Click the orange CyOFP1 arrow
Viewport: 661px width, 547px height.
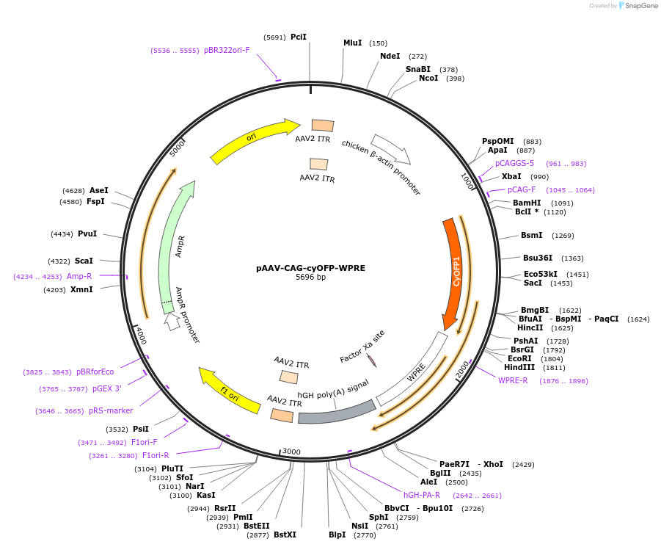pyautogui.click(x=454, y=272)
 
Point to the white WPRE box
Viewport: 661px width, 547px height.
pyautogui.click(x=415, y=368)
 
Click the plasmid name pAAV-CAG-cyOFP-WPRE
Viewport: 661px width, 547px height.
pyautogui.click(x=310, y=268)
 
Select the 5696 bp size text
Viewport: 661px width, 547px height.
pyautogui.click(x=310, y=278)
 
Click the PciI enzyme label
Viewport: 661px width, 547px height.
pyautogui.click(x=299, y=37)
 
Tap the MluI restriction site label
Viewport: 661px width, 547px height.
pyautogui.click(x=353, y=43)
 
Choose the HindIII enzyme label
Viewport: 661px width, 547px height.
pyautogui.click(x=519, y=367)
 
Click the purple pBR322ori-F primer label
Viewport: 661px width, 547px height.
pyautogui.click(x=227, y=50)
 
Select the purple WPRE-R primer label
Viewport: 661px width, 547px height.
pyautogui.click(x=513, y=380)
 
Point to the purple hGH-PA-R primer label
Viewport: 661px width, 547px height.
pyautogui.click(x=422, y=495)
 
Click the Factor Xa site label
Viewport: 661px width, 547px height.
pyautogui.click(x=362, y=346)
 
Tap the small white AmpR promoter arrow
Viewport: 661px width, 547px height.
pyautogui.click(x=172, y=321)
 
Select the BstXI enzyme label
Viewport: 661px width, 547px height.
pyautogui.click(x=285, y=535)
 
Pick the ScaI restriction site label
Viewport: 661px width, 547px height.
pyautogui.click(x=84, y=261)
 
